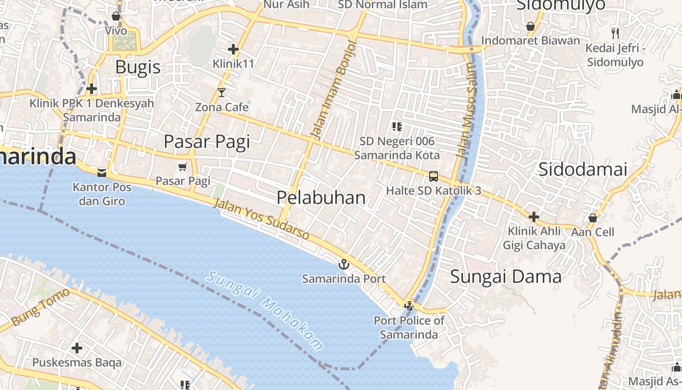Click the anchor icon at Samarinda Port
pos(344,264)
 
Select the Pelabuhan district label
pos(321,197)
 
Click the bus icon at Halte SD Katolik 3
pos(434,176)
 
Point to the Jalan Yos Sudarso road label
pos(261,220)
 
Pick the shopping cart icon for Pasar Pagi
pos(183,167)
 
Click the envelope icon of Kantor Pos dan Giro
pos(102,173)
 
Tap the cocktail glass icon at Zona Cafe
pos(222,92)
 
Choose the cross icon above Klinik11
pos(233,49)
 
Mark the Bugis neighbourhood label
pos(138,67)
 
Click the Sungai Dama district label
pos(506,277)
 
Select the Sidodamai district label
pos(583,169)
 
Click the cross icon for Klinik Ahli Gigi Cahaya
pos(534,216)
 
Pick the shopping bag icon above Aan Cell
pos(593,217)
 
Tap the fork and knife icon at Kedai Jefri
pos(615,34)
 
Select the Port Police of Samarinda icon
pos(409,306)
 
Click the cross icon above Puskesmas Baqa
pos(77,348)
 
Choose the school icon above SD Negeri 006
pos(397,127)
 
